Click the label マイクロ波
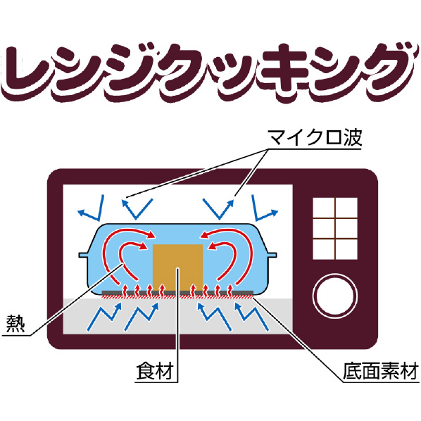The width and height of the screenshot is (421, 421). coord(315,137)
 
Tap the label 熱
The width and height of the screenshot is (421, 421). coord(15,323)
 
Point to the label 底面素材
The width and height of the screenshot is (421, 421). coord(381,371)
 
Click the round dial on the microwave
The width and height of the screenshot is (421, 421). coord(335,296)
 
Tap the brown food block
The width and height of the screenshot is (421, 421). coord(177,268)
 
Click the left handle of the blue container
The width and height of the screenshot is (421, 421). coord(84,255)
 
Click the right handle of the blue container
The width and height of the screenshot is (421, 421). coord(271,255)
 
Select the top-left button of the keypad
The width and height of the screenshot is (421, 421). coord(324,208)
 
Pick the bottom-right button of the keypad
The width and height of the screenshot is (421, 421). coord(346,250)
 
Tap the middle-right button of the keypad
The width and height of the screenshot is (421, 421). coord(346,229)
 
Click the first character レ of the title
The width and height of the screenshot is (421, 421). coord(26,72)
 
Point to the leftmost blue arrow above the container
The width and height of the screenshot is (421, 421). coord(92,208)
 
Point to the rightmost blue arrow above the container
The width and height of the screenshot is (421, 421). coord(264,208)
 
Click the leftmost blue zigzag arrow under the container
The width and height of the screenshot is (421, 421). coord(104,316)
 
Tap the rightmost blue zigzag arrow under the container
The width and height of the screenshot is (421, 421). coord(251,316)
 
